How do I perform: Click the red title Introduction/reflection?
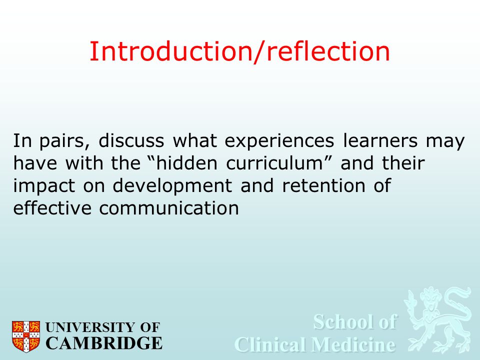click(x=239, y=51)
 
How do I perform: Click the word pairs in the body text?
click(x=64, y=141)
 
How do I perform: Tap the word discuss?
click(x=131, y=140)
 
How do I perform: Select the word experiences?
click(x=279, y=141)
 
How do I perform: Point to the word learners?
click(x=380, y=140)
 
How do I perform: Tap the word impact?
click(x=44, y=186)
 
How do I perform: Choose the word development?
click(x=172, y=186)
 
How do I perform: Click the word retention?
click(x=323, y=185)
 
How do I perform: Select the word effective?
click(x=52, y=208)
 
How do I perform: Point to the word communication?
click(x=169, y=208)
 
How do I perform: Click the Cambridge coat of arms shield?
click(x=26, y=336)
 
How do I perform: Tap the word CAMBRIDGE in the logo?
click(x=104, y=343)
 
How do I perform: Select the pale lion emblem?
click(x=438, y=319)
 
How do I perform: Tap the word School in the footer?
click(x=340, y=321)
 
